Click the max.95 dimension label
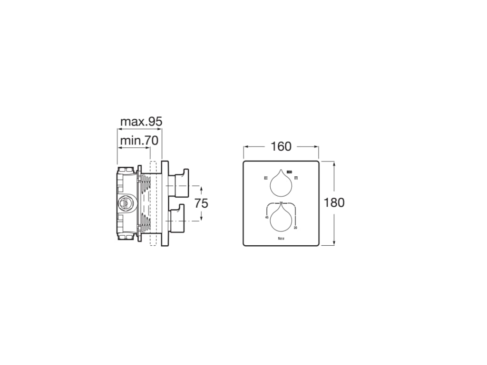click(141, 122)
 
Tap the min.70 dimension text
click(138, 141)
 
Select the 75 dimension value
click(202, 203)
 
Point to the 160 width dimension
click(281, 147)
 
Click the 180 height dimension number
click(334, 203)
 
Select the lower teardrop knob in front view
click(281, 217)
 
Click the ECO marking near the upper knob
click(289, 171)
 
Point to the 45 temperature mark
click(266, 217)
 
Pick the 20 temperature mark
click(296, 228)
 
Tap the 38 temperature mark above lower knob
click(281, 203)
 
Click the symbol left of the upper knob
click(266, 179)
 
